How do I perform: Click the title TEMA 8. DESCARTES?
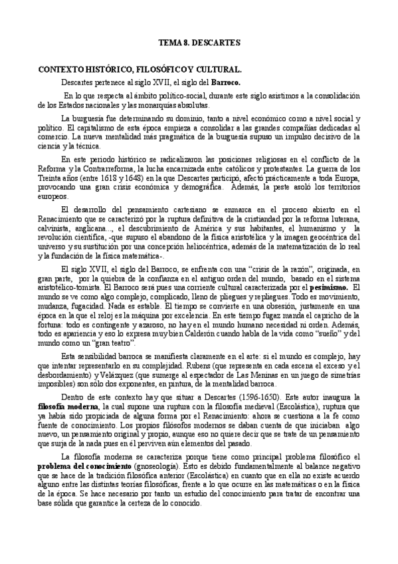tap(199, 43)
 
